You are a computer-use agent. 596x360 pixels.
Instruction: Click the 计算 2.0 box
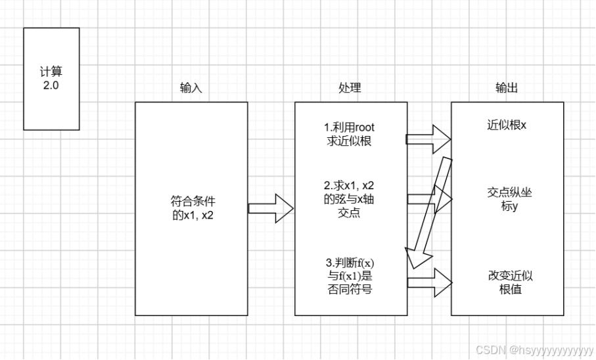click(x=51, y=78)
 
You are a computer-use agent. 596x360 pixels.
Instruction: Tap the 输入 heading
click(x=191, y=88)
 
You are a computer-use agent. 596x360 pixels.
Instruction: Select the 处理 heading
click(x=350, y=88)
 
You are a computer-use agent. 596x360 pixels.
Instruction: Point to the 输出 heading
click(x=507, y=88)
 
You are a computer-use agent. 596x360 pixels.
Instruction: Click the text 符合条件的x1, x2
click(x=191, y=208)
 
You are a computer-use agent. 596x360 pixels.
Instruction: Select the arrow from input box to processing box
click(x=270, y=208)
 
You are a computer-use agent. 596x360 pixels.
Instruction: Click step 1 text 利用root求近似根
click(x=350, y=134)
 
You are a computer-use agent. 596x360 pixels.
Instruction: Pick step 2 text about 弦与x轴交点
click(x=350, y=199)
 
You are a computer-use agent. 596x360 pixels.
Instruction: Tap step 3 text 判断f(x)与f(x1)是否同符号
click(x=350, y=275)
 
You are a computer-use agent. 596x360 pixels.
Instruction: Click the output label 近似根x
click(x=507, y=125)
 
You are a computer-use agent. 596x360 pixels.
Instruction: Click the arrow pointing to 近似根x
click(x=428, y=139)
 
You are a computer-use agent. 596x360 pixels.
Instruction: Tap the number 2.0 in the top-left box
click(x=51, y=85)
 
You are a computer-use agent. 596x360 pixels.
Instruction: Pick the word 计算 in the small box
click(x=51, y=72)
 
